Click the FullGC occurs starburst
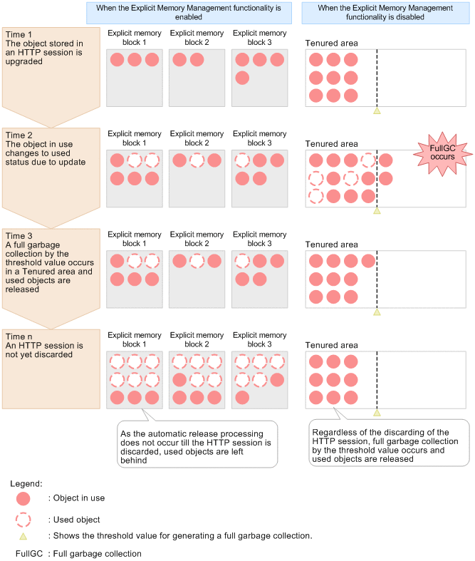(x=437, y=152)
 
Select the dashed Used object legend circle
(x=24, y=520)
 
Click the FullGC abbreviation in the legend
(x=28, y=553)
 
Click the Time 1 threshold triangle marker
(x=377, y=110)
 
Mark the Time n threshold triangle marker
(x=377, y=412)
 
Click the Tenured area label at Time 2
(x=331, y=144)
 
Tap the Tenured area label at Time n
(x=331, y=345)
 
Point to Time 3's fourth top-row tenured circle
(x=367, y=261)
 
